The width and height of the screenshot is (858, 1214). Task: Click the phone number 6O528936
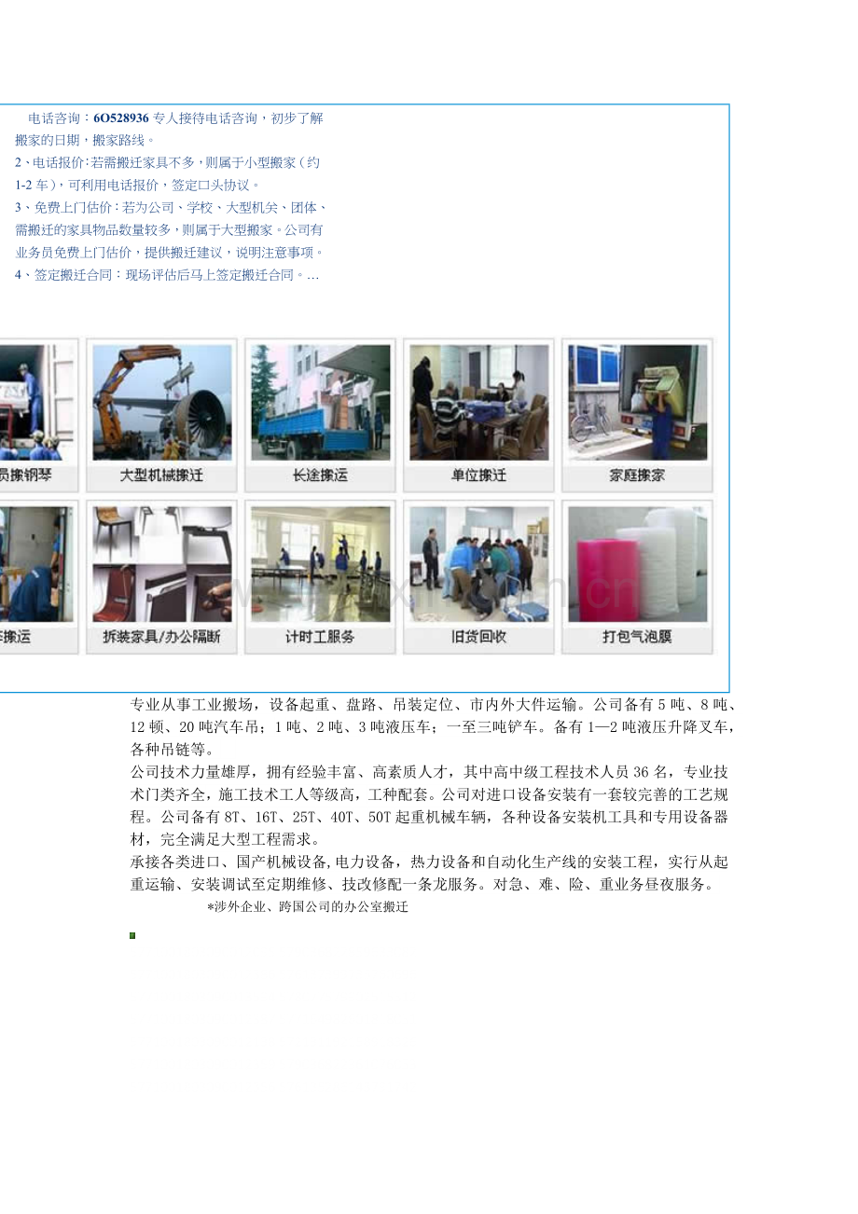pos(121,118)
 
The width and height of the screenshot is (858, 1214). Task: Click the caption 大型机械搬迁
pos(161,476)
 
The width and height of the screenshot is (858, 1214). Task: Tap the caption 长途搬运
pos(320,476)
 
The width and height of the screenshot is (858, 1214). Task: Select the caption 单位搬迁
pos(478,476)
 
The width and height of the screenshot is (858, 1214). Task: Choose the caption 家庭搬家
pos(637,476)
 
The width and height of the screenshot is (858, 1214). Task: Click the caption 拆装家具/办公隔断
pos(161,638)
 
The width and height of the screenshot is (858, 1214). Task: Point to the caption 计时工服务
pos(320,638)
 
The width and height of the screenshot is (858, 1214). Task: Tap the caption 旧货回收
pos(478,638)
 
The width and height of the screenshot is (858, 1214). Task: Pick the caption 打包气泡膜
pos(637,638)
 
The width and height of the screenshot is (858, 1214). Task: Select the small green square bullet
pos(133,935)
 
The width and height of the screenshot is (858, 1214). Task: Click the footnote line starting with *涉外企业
pos(308,906)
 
